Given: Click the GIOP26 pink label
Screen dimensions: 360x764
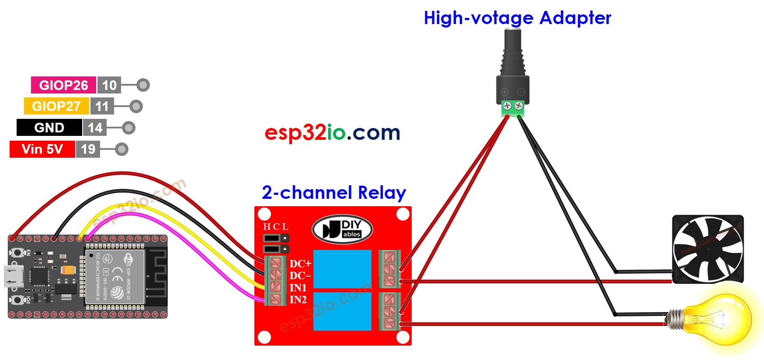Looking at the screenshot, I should pyautogui.click(x=63, y=85).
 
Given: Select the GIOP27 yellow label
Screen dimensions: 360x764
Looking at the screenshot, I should pyautogui.click(x=56, y=106).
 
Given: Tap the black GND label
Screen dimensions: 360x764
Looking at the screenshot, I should pyautogui.click(x=49, y=128).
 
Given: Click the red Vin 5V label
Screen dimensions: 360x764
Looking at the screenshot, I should pyautogui.click(x=42, y=149).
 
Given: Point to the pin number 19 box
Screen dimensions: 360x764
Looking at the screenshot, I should pyautogui.click(x=88, y=149).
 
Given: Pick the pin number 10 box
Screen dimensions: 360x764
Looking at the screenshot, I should pyautogui.click(x=109, y=85).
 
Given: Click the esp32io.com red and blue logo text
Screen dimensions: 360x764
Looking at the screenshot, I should pyautogui.click(x=332, y=132).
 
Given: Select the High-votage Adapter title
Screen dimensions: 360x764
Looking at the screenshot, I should pyautogui.click(x=517, y=18).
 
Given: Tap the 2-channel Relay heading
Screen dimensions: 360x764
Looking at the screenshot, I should pyautogui.click(x=334, y=193).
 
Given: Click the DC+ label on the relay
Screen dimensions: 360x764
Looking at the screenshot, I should pyautogui.click(x=300, y=264).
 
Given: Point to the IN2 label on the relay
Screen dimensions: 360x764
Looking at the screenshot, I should pyautogui.click(x=298, y=300).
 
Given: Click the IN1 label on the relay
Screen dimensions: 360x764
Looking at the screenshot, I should pyautogui.click(x=298, y=288).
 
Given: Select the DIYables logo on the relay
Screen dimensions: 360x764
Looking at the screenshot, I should pyautogui.click(x=342, y=229).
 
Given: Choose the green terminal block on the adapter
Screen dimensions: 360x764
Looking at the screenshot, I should pyautogui.click(x=513, y=108).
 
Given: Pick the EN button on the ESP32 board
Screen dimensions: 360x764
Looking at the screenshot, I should pyautogui.click(x=17, y=253).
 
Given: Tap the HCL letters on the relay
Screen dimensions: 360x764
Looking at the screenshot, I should pyautogui.click(x=275, y=227).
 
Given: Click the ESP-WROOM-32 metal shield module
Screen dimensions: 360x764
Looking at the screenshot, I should pyautogui.click(x=115, y=277).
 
